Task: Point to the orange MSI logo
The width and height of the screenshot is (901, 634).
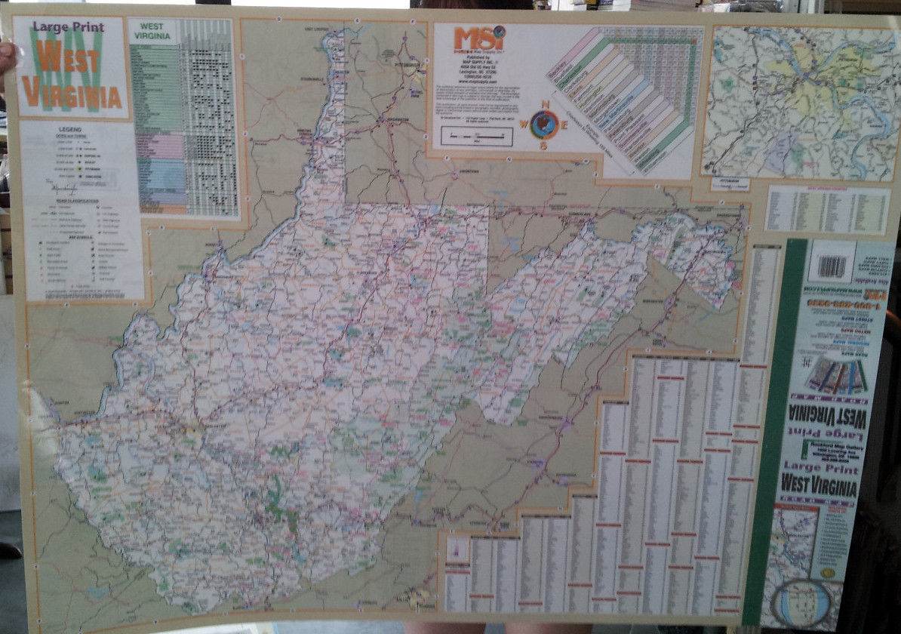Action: tap(479, 37)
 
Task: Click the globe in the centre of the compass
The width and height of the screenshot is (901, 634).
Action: tap(543, 124)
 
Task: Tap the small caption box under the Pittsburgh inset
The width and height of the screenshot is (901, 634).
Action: tap(730, 183)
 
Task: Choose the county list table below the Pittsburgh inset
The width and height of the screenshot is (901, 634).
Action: tap(827, 209)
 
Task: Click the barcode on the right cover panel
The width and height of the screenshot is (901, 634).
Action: tap(832, 266)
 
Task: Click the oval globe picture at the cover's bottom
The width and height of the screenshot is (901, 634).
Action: tap(804, 602)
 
